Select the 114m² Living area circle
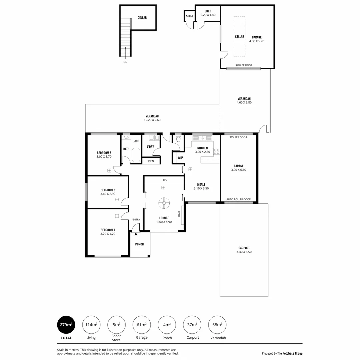(x=91, y=325)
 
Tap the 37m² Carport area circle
(x=192, y=325)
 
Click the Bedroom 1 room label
(x=108, y=230)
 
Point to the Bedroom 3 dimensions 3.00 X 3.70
(x=104, y=157)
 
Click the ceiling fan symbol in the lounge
(x=164, y=203)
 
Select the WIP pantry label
(x=180, y=158)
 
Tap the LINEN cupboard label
(x=150, y=161)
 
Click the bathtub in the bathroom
(x=136, y=155)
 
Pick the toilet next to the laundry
(x=178, y=139)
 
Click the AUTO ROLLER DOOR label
(x=238, y=199)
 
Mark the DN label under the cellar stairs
(x=125, y=62)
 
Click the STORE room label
(x=190, y=16)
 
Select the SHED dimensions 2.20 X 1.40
(x=208, y=15)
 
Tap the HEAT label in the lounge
(x=179, y=214)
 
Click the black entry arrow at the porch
(x=136, y=234)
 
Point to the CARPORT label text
(x=244, y=248)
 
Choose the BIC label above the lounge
(x=165, y=180)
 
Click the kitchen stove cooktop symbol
(x=216, y=151)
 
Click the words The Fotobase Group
(x=290, y=353)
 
